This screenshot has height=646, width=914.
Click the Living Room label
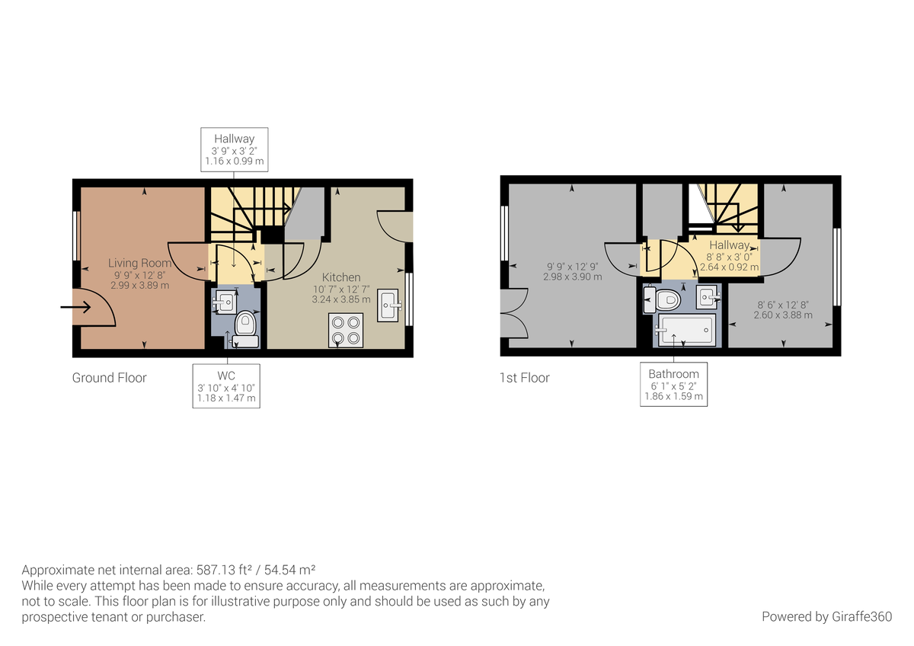(x=133, y=263)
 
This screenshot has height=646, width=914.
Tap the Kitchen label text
(x=340, y=277)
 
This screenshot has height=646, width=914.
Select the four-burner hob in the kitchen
(x=345, y=331)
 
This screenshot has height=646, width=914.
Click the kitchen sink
(x=388, y=305)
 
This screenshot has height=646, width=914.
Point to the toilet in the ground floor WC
(x=246, y=326)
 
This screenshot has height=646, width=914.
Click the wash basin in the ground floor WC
(x=225, y=302)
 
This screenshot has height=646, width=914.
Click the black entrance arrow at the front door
(x=76, y=308)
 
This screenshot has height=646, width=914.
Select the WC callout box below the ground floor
(x=226, y=387)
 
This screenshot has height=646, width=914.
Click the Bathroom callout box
(x=673, y=385)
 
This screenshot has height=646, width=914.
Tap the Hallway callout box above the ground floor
(x=234, y=149)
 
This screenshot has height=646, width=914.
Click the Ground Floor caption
(x=109, y=378)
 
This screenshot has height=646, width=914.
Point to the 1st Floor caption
(x=524, y=378)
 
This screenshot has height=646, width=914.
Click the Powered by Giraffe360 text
(x=826, y=616)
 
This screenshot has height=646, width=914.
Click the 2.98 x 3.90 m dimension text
(x=572, y=277)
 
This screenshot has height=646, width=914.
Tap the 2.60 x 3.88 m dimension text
(x=783, y=315)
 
